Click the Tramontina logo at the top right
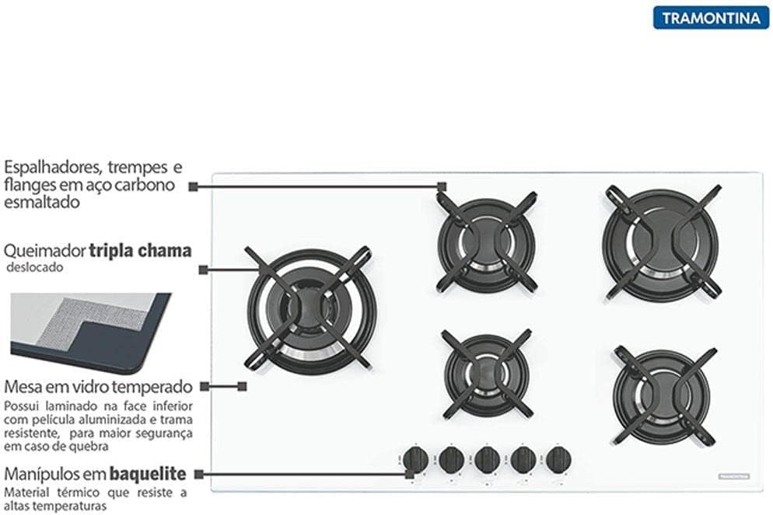tap(711, 17)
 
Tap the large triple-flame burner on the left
tap(311, 309)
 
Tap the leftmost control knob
tap(415, 460)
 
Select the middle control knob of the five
tap(488, 459)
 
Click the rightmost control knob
tap(558, 459)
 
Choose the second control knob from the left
tap(452, 460)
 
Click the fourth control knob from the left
tap(523, 459)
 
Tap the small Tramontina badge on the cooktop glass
tap(731, 475)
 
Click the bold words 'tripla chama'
tap(140, 251)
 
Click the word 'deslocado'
tap(35, 267)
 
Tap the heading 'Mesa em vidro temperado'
tap(97, 386)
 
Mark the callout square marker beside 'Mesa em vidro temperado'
tap(242, 385)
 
